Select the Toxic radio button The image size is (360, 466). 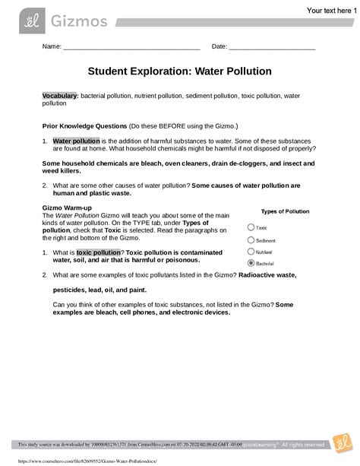pos(251,227)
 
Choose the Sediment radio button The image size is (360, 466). pos(251,239)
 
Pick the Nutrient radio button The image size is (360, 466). pos(251,251)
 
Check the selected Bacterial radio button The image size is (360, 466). pos(251,263)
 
